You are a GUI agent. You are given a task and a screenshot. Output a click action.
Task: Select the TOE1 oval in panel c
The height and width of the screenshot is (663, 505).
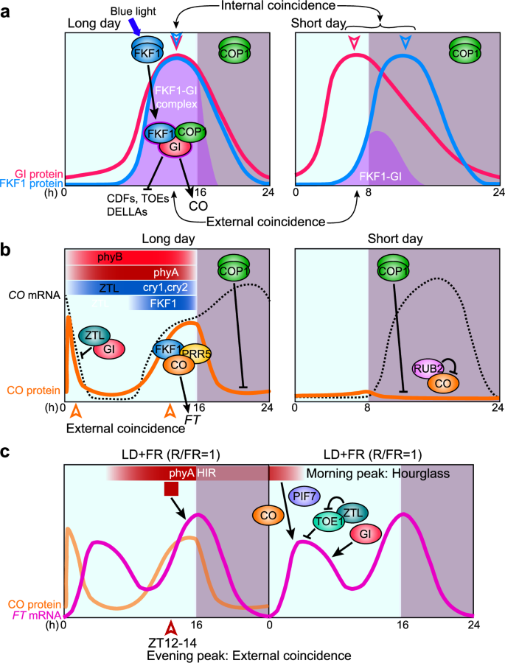coord(330,520)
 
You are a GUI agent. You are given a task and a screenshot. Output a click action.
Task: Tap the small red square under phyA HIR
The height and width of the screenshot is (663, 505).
coord(171,488)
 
